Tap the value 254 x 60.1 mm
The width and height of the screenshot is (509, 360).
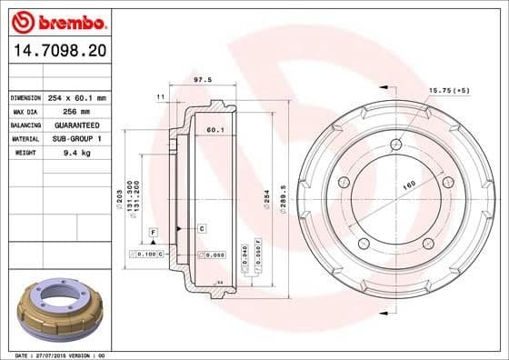tap(77, 97)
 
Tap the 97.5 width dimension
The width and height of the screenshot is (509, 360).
tap(204, 79)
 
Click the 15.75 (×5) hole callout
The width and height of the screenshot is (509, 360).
tap(448, 90)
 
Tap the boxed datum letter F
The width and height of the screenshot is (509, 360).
tap(154, 233)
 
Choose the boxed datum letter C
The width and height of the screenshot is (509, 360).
tap(201, 227)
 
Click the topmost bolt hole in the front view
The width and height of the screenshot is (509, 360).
tap(394, 145)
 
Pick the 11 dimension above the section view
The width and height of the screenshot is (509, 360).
tap(161, 95)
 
